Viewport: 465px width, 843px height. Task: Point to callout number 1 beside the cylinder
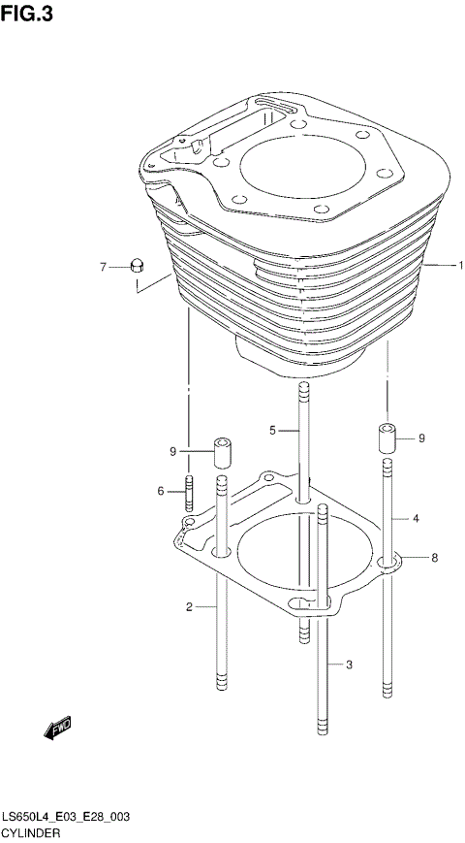click(x=462, y=265)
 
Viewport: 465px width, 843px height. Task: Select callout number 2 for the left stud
click(x=192, y=607)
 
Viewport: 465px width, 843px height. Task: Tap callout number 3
click(x=349, y=665)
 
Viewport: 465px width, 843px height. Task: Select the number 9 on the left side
click(x=172, y=451)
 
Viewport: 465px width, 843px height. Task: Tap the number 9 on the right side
click(x=421, y=438)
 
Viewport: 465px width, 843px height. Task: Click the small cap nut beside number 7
click(x=138, y=265)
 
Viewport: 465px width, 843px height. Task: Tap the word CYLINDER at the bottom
click(x=32, y=833)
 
